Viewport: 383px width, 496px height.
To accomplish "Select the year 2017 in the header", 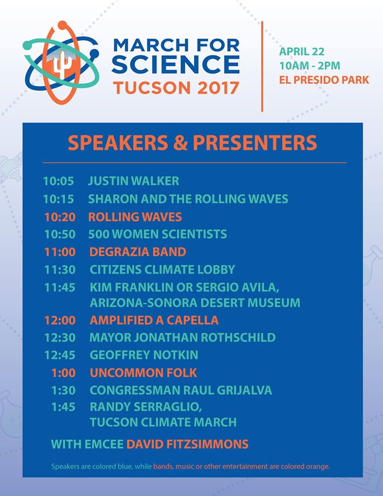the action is coord(218,88).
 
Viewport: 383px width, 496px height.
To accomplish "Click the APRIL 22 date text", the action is coord(302,51).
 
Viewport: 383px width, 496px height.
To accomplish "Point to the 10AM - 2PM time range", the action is coord(310,66).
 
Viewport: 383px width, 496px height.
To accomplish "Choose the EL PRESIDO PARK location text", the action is coord(324,80).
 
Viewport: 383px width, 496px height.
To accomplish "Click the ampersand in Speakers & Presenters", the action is coord(181,143).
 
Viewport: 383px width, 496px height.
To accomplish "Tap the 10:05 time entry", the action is coord(58,181).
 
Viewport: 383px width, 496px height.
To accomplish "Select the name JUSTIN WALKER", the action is coord(134,181).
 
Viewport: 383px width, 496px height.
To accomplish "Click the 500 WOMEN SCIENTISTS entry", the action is coord(157,234).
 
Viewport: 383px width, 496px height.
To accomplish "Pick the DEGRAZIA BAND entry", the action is coord(138,252).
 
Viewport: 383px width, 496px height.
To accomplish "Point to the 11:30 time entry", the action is coord(60,270).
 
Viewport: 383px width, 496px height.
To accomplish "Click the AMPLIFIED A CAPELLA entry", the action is coord(154,320).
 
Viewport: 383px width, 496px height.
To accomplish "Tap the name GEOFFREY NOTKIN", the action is coord(144,355).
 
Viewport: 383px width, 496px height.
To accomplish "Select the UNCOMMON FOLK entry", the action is coord(143,373).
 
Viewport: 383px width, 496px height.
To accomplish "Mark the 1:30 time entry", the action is coord(63,391).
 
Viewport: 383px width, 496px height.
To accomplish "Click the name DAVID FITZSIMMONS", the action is coord(187,444).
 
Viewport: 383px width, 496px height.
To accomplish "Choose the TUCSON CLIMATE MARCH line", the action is coord(163,422).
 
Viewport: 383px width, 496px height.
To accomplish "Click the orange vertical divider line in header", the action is coord(262,67).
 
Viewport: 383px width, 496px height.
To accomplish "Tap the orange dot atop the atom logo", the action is coord(62,25).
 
